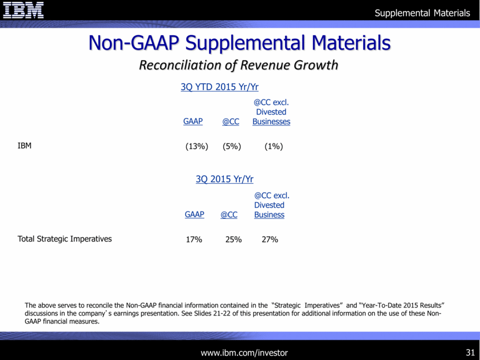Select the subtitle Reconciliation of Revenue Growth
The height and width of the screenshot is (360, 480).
[x=238, y=65]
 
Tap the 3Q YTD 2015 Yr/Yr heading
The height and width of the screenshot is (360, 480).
[x=219, y=87]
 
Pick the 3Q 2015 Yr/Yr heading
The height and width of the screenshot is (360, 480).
[x=224, y=179]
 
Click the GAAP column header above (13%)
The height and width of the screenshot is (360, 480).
[x=193, y=121]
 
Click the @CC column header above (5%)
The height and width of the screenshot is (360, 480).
[x=231, y=122]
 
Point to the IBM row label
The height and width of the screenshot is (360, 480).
[x=24, y=146]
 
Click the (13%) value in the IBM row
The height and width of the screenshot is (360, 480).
[x=197, y=147]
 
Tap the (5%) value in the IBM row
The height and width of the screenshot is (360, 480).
[x=232, y=147]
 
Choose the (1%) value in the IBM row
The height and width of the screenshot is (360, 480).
[x=273, y=147]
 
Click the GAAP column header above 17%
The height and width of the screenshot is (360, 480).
[x=194, y=214]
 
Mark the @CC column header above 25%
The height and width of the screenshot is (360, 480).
[x=229, y=215]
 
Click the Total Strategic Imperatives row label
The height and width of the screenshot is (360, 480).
[x=65, y=238]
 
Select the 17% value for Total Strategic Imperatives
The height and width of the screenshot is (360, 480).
[x=194, y=239]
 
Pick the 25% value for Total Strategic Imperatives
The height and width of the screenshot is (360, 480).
[x=233, y=239]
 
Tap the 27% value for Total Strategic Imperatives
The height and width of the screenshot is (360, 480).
[x=269, y=239]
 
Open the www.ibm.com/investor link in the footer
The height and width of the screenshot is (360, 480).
[x=244, y=352]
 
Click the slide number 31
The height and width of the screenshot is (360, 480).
[x=469, y=352]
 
